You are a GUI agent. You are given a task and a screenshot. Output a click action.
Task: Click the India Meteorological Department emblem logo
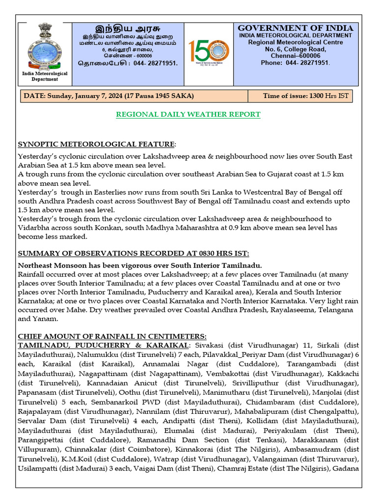(x=45, y=47)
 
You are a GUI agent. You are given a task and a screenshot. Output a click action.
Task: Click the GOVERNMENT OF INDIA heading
(x=296, y=28)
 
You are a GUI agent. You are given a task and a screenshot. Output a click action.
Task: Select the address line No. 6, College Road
(x=296, y=49)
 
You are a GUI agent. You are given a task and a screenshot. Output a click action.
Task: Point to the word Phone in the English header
(x=271, y=63)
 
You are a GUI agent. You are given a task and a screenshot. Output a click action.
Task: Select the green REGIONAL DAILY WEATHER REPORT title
(x=188, y=115)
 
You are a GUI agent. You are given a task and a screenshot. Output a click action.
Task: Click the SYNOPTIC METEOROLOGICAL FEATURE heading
(x=96, y=144)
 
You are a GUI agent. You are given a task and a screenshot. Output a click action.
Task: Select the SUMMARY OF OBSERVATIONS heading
(x=133, y=253)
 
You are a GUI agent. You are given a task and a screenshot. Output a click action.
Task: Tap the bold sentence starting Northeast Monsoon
(x=140, y=265)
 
